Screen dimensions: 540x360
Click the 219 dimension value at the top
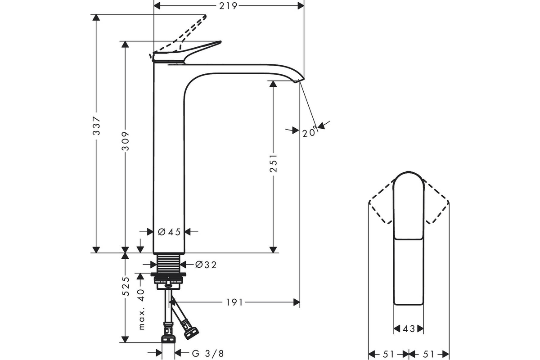(x=228, y=6)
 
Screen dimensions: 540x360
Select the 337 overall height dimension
(x=97, y=126)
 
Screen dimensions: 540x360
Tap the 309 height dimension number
(x=126, y=141)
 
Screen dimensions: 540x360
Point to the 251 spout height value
(x=274, y=163)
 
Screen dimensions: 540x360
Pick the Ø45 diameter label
(x=169, y=232)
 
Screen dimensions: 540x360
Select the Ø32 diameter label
(x=206, y=265)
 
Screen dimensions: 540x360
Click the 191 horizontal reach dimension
(x=234, y=302)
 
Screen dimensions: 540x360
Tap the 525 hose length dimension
(x=126, y=286)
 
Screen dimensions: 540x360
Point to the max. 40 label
(x=141, y=309)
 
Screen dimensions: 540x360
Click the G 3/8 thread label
(x=208, y=354)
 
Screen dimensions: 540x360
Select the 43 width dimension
(x=409, y=328)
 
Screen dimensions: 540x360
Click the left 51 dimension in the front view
(x=388, y=354)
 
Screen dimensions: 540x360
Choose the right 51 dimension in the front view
(x=428, y=354)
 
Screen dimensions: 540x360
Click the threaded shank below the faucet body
(x=168, y=264)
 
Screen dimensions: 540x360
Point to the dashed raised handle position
(x=179, y=34)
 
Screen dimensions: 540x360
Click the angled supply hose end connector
(x=191, y=333)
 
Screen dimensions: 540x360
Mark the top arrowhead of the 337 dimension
(x=96, y=18)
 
